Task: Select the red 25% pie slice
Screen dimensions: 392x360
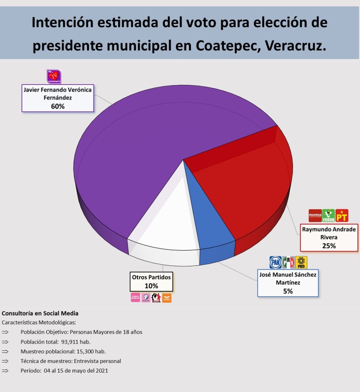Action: click(243, 190)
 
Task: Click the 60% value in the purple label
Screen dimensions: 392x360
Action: click(57, 106)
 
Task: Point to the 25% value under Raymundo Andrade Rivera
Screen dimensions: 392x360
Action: click(329, 245)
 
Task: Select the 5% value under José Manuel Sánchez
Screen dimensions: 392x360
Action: click(288, 291)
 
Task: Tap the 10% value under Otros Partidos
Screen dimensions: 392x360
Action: click(151, 286)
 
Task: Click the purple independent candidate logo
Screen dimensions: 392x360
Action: click(54, 76)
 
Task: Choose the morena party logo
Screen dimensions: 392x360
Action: click(315, 215)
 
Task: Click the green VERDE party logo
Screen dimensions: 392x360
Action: click(328, 215)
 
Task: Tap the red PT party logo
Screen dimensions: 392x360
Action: click(342, 215)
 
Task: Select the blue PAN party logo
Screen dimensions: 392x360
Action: click(275, 262)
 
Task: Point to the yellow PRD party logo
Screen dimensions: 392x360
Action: click(301, 262)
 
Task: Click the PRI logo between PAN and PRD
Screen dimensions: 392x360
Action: click(288, 262)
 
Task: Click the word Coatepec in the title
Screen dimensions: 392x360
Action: click(229, 46)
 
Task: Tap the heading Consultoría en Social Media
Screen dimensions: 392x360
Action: click(40, 313)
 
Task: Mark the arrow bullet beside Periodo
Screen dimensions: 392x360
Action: click(5, 371)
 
